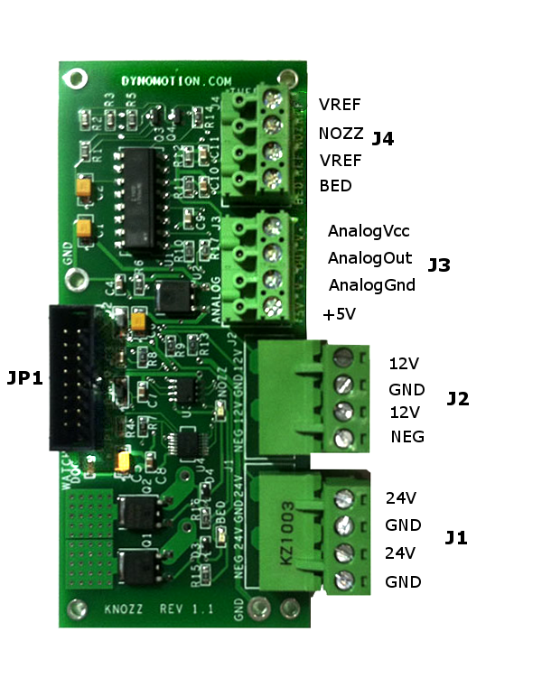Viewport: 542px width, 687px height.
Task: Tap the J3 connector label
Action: [439, 265]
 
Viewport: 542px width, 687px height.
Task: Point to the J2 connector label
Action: [458, 399]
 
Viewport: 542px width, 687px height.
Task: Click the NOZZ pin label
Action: [341, 134]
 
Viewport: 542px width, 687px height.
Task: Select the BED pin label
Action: [335, 186]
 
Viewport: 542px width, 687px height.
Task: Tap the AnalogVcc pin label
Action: [369, 231]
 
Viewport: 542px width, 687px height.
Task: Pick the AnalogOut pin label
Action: [369, 258]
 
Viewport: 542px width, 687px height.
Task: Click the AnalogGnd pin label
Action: [371, 285]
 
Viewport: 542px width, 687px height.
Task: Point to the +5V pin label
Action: [340, 314]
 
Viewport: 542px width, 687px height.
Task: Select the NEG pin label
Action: [407, 437]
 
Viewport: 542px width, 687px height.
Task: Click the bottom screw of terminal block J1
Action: [342, 580]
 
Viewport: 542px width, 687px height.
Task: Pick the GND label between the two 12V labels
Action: [406, 390]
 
